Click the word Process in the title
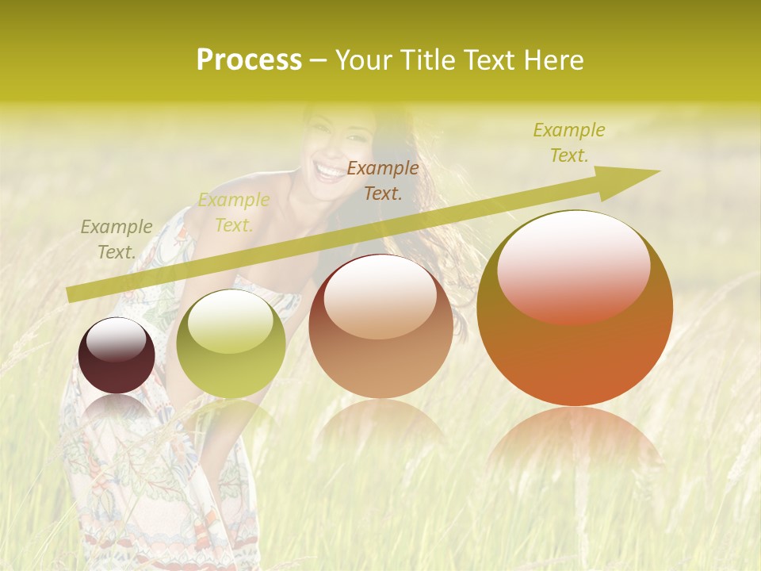[x=249, y=60]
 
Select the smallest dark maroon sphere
[x=117, y=356]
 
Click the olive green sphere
[x=231, y=344]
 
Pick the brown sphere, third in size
[x=380, y=327]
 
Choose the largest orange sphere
[x=575, y=309]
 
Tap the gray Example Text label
[x=117, y=240]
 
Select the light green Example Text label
[x=233, y=213]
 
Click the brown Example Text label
[x=383, y=180]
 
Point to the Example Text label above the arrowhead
[x=568, y=143]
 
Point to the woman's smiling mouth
[x=326, y=168]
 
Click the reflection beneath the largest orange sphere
[x=575, y=440]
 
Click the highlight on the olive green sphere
[x=231, y=321]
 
